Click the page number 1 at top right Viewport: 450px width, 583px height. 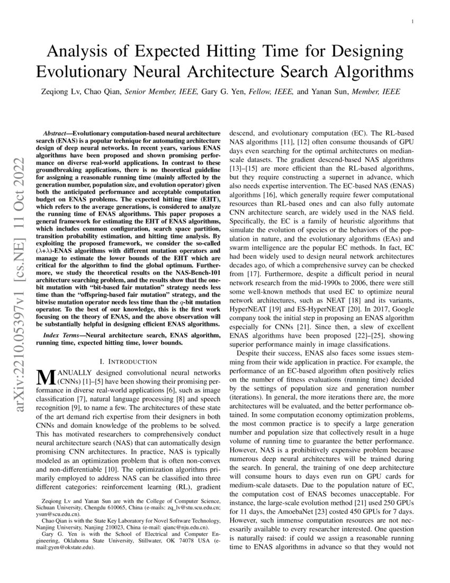(412, 21)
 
